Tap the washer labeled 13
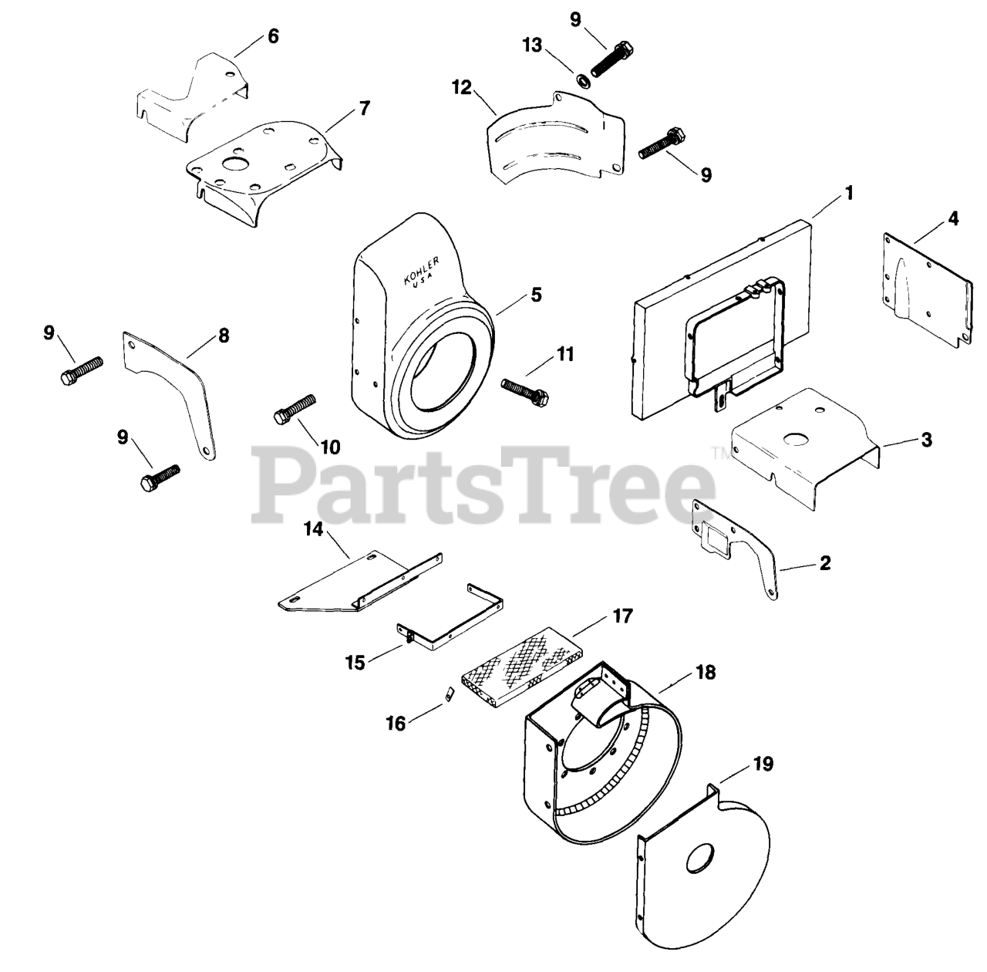[x=582, y=80]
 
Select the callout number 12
[x=461, y=88]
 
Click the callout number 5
[x=536, y=295]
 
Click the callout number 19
[x=763, y=764]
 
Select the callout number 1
[x=849, y=194]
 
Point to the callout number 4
[x=952, y=219]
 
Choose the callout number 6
[x=273, y=36]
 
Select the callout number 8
[x=224, y=336]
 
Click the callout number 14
[x=314, y=529]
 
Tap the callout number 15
[x=355, y=663]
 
